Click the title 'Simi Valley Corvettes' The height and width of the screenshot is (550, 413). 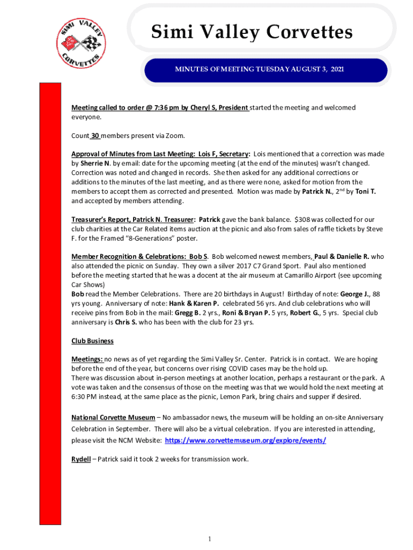252,32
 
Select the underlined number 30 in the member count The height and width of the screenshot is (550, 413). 94,135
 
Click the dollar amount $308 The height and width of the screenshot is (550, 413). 303,220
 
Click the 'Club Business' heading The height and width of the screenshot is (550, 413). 92,341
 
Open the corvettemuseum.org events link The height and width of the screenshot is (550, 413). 245,440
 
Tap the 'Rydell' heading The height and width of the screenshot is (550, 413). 81,459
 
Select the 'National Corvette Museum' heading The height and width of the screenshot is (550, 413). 113,417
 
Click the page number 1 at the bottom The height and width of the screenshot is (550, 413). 211,539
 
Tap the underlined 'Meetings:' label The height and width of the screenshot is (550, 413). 87,359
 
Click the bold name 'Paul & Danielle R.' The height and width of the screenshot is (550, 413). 342,257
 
